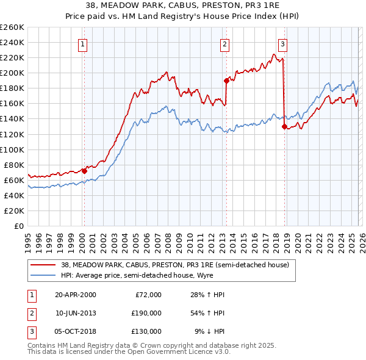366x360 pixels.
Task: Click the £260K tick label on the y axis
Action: pos(12,27)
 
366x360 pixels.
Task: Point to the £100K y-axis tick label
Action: pos(12,149)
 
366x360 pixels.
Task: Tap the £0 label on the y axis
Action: pos(18,226)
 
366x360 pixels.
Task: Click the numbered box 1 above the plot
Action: pos(82,43)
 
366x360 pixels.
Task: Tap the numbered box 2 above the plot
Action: pos(224,43)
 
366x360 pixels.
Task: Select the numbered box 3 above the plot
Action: pos(282,43)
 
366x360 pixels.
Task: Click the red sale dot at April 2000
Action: pos(85,171)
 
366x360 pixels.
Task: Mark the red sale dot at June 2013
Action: pos(226,80)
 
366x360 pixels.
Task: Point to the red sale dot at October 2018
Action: pos(284,126)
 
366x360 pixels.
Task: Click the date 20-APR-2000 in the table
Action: pos(76,295)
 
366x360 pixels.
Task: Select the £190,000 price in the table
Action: pos(146,313)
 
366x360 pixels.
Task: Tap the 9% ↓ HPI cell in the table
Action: pos(209,331)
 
